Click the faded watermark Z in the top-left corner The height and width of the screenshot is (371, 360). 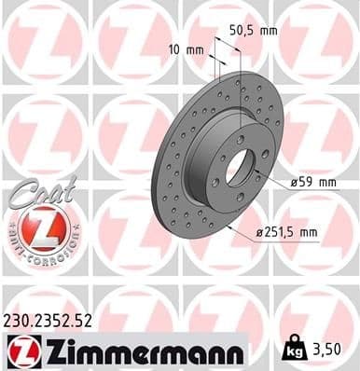37,37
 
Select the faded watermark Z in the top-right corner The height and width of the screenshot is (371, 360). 317,37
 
